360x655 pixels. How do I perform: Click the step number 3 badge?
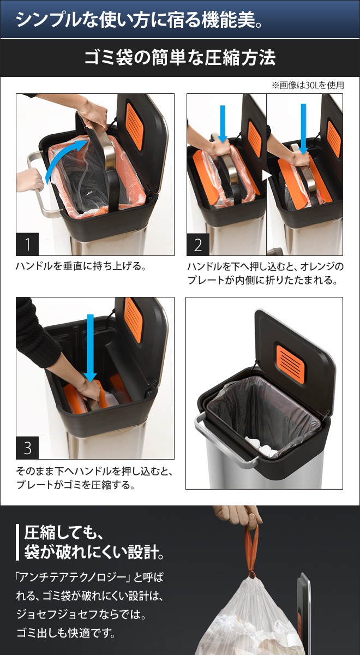click(x=27, y=448)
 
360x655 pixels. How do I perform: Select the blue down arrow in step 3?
click(x=91, y=349)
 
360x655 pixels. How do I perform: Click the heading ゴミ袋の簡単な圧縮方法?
click(x=179, y=58)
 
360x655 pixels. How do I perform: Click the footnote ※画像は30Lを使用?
click(x=307, y=86)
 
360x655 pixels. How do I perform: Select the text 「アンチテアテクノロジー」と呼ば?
click(x=89, y=577)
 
